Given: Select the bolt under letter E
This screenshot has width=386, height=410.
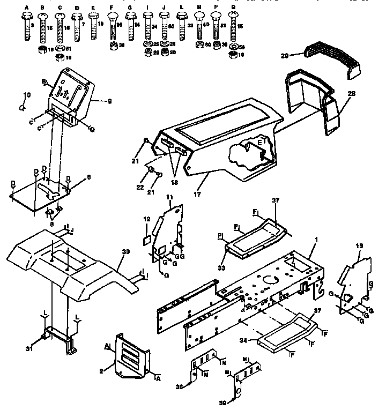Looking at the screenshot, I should [94, 26].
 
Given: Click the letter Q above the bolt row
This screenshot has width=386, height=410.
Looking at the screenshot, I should [233, 8].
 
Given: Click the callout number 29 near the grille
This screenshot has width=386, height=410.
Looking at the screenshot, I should [285, 55].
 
